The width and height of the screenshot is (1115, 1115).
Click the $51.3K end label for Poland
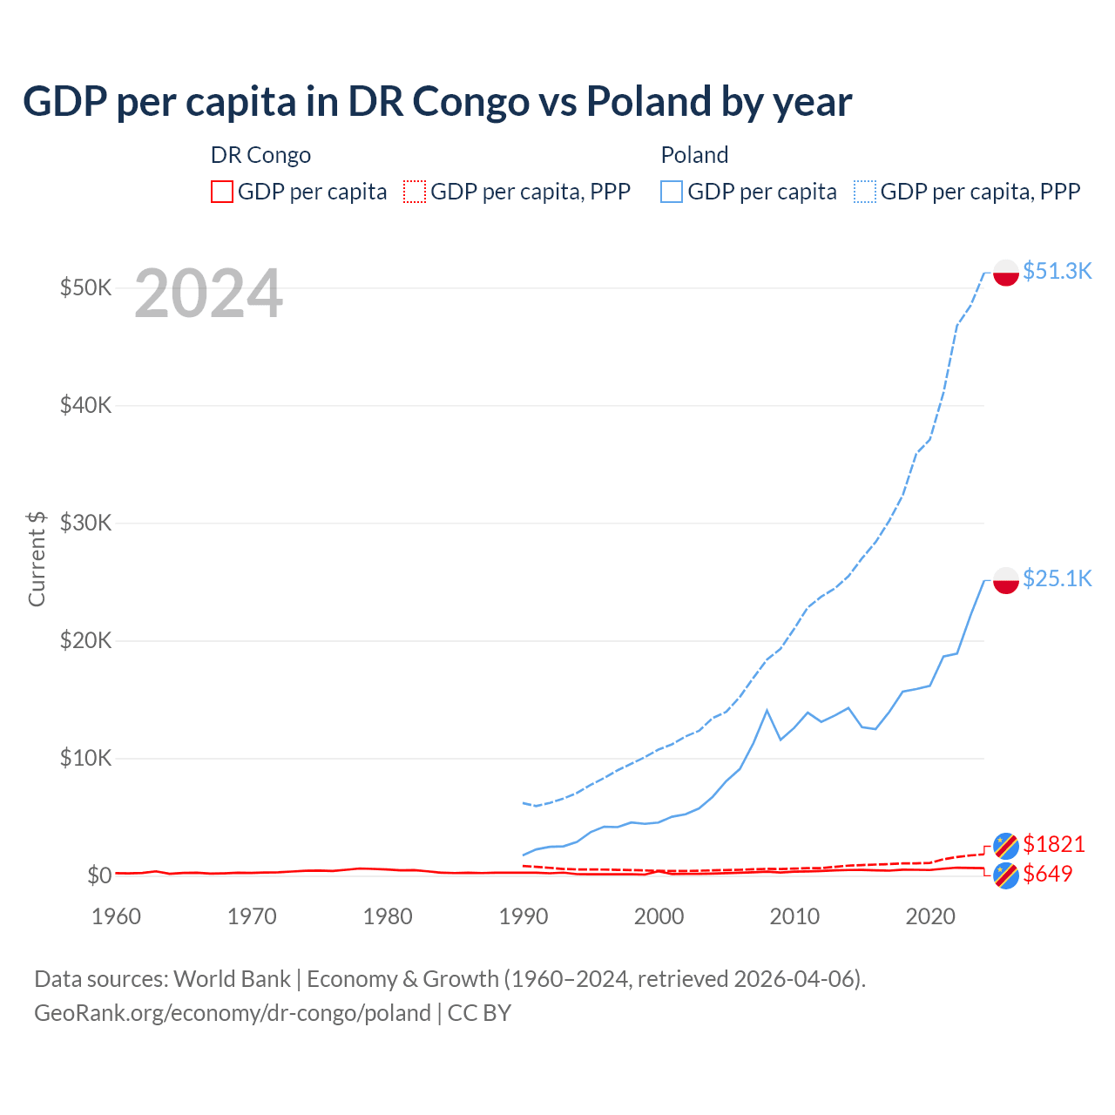1057,271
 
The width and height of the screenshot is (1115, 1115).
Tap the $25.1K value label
1057,578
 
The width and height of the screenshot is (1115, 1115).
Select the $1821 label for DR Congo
1053,844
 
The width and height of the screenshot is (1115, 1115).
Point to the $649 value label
1047,874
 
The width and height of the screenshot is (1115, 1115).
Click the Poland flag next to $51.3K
1006,272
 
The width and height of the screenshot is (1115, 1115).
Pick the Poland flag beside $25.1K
1006,580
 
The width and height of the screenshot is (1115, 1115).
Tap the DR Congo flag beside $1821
1006,845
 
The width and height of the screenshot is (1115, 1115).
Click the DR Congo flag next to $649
1006,875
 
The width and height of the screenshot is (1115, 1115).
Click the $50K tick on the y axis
85,287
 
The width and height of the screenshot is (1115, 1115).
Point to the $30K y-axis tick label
85,523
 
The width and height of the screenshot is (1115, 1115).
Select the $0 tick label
99,875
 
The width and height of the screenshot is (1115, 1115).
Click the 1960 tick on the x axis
117,916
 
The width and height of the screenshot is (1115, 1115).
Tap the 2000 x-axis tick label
659,916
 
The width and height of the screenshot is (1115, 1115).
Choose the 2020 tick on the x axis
930,916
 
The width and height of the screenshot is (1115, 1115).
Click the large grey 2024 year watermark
208,294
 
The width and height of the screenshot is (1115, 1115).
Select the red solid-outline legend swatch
222,192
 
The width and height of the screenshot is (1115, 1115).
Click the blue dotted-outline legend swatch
865,192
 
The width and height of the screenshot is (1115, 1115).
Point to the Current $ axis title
37,558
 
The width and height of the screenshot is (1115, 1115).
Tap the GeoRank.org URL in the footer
233,1013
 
